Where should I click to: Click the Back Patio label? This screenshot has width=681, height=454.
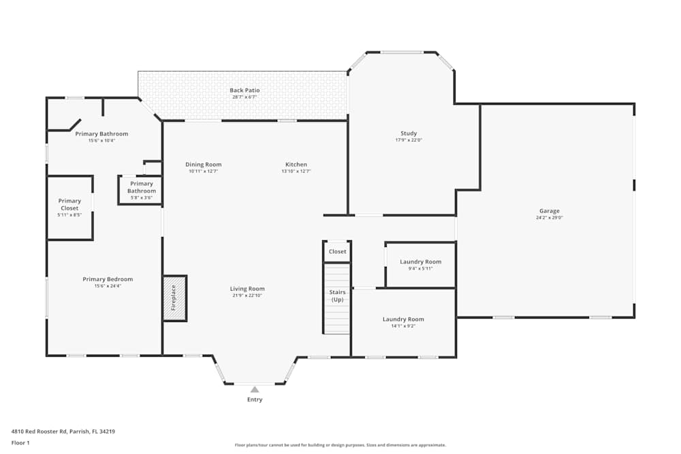pos(244,91)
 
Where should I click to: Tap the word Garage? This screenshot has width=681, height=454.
pos(550,211)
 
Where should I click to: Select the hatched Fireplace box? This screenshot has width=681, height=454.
pos(174,298)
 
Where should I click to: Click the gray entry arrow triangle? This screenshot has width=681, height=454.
pos(255,389)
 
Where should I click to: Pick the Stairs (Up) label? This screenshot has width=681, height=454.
pos(337,296)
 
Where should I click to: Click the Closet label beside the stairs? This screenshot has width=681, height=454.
pos(337,252)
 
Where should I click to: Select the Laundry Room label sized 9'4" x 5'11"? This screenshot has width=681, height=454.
pos(420,262)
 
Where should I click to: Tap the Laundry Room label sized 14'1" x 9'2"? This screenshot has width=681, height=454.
pos(403,319)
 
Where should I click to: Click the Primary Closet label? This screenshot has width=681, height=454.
pos(69,204)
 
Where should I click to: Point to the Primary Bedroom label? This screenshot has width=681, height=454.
pos(108,279)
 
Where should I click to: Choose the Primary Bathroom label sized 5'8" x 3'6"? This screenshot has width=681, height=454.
pos(142,187)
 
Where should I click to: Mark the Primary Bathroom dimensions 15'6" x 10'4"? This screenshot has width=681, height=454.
pos(101,141)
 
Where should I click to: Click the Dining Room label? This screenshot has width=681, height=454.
pos(204,165)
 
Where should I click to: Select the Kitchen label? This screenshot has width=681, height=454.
pos(296,165)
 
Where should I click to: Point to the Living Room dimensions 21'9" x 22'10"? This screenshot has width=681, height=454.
pos(247,295)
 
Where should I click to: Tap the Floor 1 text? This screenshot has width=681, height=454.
pos(20,442)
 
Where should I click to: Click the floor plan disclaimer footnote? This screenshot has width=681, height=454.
pos(340,445)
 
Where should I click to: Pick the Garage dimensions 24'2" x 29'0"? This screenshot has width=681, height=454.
pos(550,218)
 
